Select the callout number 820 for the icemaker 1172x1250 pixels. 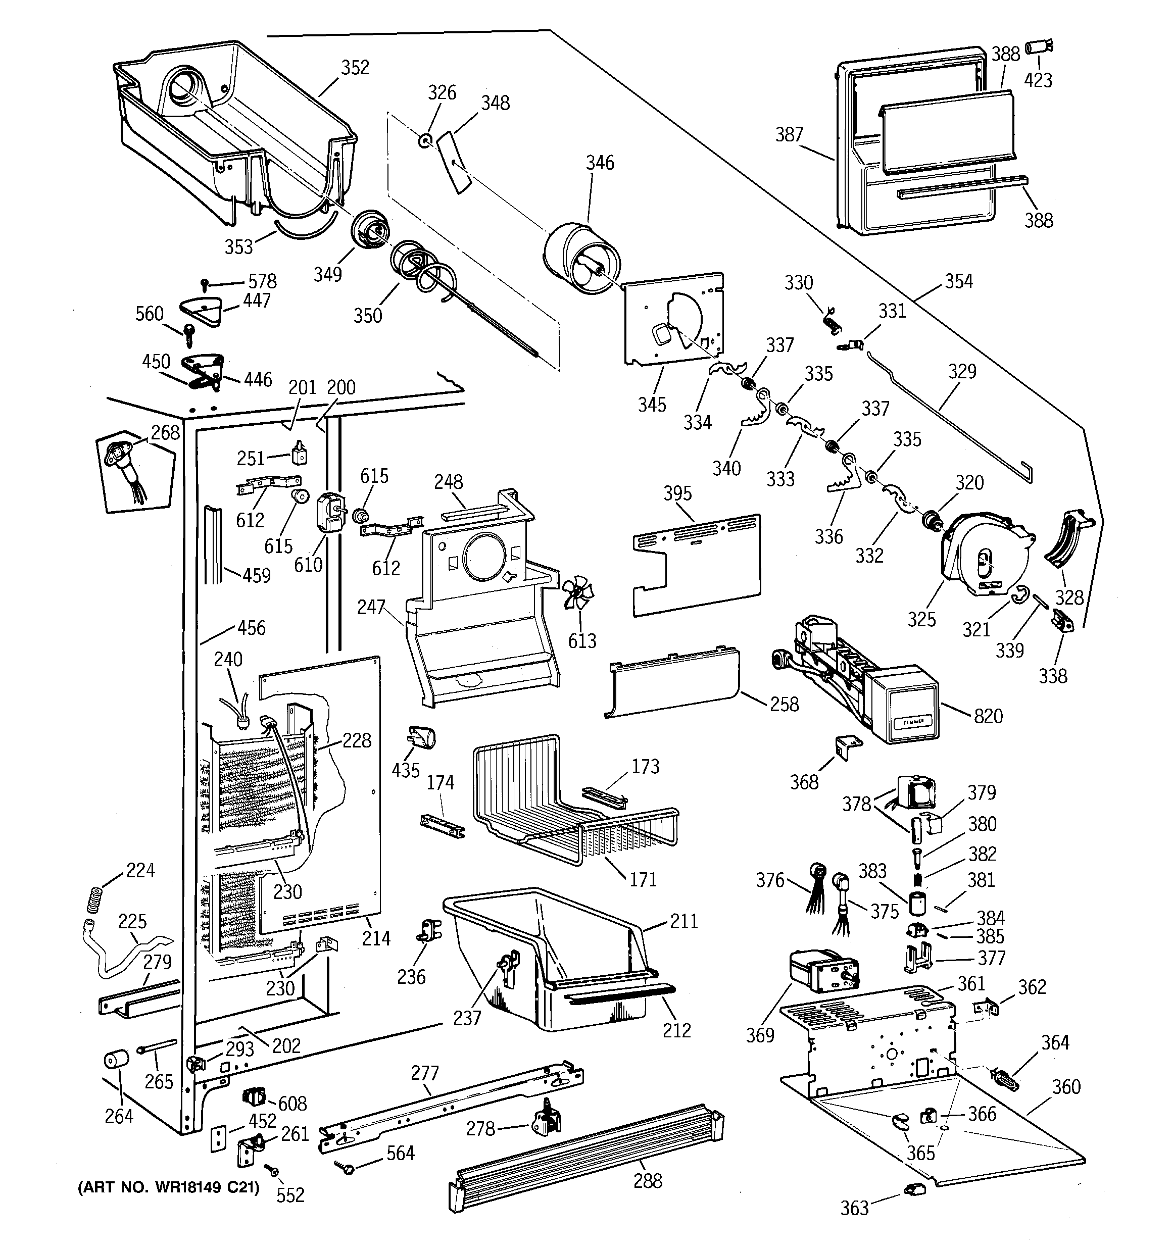[988, 716]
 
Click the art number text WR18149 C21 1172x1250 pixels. [169, 1188]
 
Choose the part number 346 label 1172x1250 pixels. [600, 163]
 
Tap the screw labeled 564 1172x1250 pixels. [346, 1168]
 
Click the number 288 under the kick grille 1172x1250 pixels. [647, 1180]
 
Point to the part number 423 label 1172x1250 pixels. [1038, 80]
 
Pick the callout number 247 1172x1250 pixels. [370, 607]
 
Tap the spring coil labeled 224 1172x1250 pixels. [94, 898]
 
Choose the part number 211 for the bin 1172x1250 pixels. [684, 921]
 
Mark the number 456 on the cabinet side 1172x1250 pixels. [251, 627]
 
